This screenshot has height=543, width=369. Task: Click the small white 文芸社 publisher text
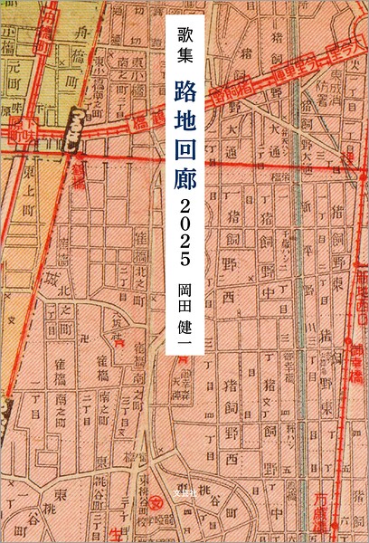coord(184,496)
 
